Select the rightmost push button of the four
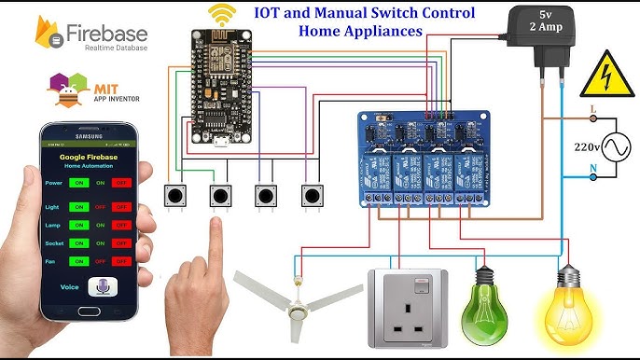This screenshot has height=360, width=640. (x=311, y=196)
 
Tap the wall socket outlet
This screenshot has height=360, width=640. (x=406, y=305)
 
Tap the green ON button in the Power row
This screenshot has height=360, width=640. (x=77, y=183)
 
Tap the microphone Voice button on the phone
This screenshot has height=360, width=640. (x=99, y=287)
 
